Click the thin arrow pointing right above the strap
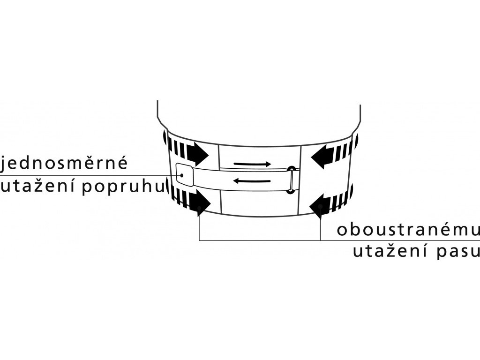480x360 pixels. (252, 164)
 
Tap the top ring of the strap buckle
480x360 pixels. (292, 169)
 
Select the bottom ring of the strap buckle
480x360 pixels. (291, 190)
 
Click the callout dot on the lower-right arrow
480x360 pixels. (320, 206)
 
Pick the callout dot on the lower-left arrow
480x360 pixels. (200, 207)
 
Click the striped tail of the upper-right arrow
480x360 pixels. (345, 150)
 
